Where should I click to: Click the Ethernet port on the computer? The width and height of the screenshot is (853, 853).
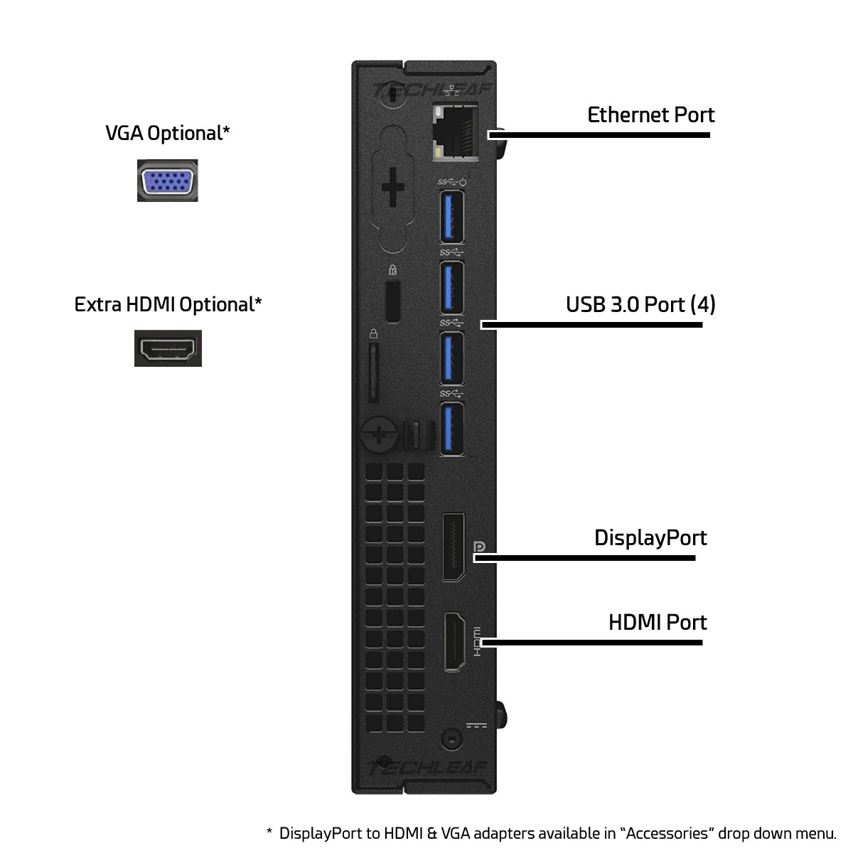coord(455,131)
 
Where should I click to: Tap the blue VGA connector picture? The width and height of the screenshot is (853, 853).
coord(167,181)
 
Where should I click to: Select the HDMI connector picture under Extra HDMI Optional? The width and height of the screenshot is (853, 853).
coord(168,348)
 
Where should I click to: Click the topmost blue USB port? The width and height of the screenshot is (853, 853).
coord(451,217)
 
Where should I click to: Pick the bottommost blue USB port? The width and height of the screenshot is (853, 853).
coord(451,429)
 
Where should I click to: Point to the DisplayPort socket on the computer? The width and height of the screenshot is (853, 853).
coord(454,547)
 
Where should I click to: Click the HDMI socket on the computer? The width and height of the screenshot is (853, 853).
coord(455,642)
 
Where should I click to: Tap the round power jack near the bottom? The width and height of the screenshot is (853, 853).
coord(452,739)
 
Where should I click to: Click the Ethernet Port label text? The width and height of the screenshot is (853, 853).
coord(650,115)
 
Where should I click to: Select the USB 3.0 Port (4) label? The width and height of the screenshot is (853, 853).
coord(640,304)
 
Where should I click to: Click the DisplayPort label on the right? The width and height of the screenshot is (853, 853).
coord(650,538)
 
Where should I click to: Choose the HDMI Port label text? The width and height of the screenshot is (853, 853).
coord(658,623)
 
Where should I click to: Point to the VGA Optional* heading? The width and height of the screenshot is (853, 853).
coord(167,133)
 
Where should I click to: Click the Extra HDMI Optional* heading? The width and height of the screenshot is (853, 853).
coord(168,304)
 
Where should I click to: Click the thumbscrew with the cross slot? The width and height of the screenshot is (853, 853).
coord(379,436)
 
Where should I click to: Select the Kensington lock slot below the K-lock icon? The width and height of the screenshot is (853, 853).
coord(393,301)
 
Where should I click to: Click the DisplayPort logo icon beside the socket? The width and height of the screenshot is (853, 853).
coord(479,547)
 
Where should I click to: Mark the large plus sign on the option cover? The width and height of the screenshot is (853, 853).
coord(392,187)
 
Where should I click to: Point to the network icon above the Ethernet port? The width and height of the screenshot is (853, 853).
coord(451,91)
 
